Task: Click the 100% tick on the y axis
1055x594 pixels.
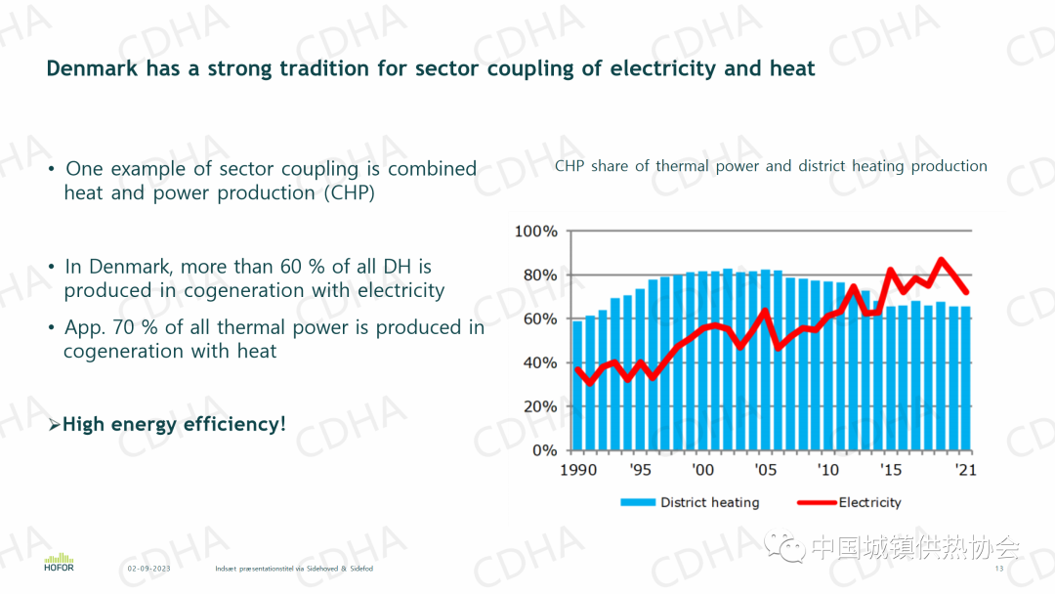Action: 536,232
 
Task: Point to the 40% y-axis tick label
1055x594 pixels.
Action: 536,363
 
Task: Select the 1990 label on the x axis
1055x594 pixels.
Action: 577,470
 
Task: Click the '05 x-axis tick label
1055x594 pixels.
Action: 766,470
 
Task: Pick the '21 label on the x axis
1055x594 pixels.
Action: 965,470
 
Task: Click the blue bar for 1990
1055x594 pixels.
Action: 577,385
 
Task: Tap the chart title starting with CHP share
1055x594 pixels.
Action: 771,166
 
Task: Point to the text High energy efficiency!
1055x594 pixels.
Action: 174,424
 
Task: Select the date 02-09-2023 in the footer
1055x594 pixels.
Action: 148,569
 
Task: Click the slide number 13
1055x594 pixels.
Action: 999,569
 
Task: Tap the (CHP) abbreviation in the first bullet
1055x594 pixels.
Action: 351,192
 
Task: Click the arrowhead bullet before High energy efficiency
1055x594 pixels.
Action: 55,425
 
